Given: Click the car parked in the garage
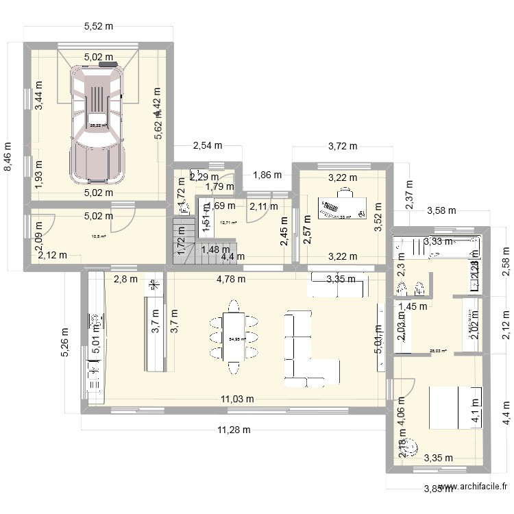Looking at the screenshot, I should pos(98,123).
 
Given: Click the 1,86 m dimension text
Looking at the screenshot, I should pos(267,175).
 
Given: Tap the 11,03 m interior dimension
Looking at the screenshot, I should pos(237,399).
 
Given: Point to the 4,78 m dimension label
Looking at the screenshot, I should pos(232,279).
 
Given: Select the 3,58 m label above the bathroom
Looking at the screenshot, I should pos(442,210).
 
